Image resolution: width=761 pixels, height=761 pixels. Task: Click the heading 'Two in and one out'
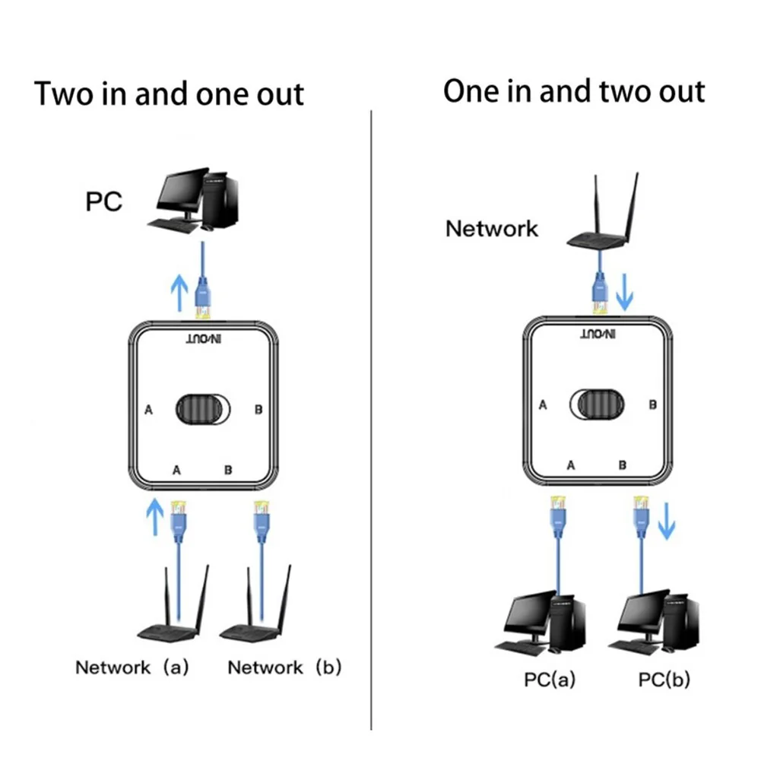[170, 94]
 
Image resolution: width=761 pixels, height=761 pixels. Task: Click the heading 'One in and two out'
[574, 92]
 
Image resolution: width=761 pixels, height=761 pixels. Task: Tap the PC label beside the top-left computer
[103, 204]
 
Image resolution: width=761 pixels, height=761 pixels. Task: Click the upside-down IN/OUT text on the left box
[202, 343]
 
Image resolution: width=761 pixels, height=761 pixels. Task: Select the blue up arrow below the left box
[154, 519]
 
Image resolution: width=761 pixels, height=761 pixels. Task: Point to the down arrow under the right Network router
[624, 293]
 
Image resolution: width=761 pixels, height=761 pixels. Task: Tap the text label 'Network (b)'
[285, 668]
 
